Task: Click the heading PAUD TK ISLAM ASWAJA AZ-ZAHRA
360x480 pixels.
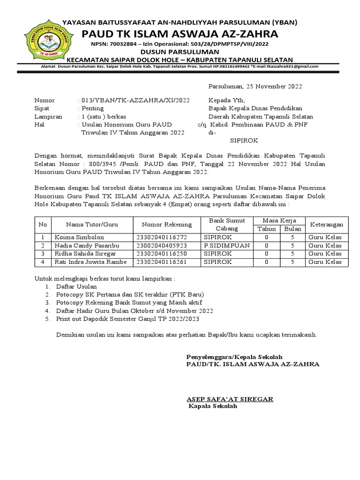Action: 180,34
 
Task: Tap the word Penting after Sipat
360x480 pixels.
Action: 93,108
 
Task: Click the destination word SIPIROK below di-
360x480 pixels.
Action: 244,140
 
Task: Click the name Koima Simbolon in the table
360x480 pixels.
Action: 79,237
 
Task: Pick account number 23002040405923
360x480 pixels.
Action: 161,246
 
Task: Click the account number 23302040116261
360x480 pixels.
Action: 161,262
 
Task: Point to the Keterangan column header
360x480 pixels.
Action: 327,225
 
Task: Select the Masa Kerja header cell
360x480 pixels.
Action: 279,220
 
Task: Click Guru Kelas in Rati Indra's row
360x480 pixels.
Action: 325,262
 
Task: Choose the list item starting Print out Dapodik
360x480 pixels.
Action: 127,319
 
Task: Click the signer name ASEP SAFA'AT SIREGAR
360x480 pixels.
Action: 230,399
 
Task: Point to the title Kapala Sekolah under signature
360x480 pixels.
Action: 213,406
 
